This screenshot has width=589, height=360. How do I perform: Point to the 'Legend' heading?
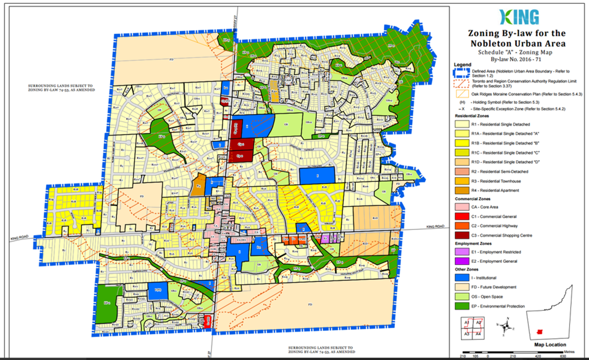pos(463,65)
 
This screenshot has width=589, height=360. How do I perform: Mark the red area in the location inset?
pos(538,332)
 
